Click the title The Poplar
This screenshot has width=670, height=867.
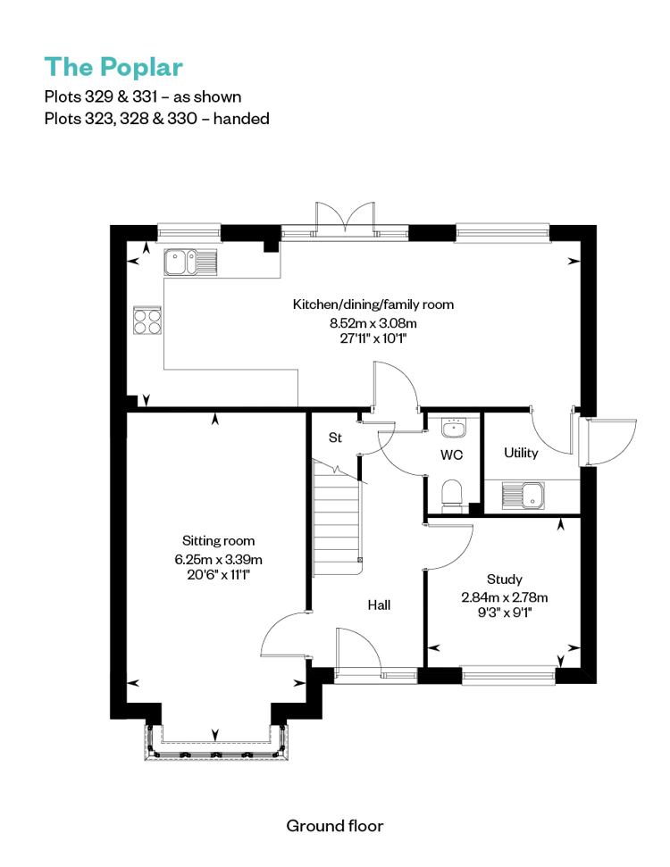coord(113,68)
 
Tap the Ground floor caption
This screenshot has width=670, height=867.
coord(335,826)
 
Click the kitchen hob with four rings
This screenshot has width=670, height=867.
coord(147,321)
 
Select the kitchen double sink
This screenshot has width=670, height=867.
coord(190,263)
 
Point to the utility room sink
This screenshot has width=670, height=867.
coord(523,495)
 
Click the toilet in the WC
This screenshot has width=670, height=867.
coord(452,493)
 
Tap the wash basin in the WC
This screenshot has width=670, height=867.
coord(454,428)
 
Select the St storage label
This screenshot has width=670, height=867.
coord(335,438)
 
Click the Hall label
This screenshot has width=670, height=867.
coord(379,604)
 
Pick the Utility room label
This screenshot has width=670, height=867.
coord(521,453)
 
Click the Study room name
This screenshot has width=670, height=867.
coord(504,579)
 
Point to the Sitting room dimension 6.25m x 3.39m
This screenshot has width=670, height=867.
coord(219,559)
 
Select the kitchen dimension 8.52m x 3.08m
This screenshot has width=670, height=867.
coord(373,323)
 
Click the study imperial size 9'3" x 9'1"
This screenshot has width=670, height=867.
coord(505,613)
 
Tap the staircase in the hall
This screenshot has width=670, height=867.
coord(338,518)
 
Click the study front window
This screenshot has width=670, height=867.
coord(508,675)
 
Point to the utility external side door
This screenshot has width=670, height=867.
coord(606,442)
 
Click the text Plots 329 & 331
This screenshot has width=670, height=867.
coord(101,96)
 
